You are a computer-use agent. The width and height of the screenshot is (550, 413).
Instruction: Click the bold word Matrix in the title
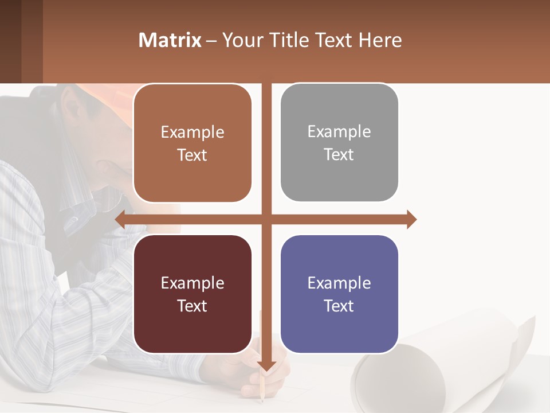tap(170, 40)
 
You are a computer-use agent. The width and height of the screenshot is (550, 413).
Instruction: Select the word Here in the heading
tap(380, 40)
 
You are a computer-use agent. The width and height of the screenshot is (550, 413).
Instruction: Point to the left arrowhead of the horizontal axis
tap(120, 219)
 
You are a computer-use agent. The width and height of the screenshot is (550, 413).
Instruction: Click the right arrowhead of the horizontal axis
tap(411, 219)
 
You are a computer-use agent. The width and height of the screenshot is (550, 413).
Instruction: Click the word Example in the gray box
tap(339, 132)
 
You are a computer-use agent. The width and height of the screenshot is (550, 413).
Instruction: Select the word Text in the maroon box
tap(192, 306)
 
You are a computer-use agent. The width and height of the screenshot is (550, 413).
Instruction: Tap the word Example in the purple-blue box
tap(339, 283)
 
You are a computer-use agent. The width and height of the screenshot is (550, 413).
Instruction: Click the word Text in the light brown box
tap(192, 155)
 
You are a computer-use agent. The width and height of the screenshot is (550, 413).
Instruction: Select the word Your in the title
tap(241, 40)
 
